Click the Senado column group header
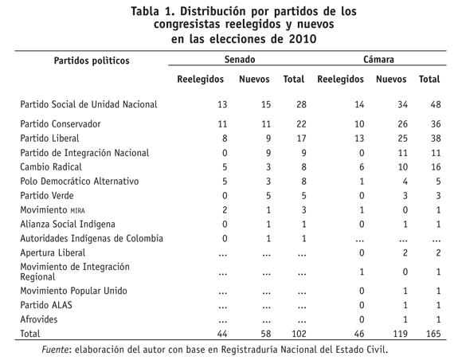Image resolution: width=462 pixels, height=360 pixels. (240, 60)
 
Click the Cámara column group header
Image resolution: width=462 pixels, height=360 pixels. (378, 60)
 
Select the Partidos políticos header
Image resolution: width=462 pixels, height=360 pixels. (92, 61)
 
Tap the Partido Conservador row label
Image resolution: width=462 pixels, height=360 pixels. (61, 124)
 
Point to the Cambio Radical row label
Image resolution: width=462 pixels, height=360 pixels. (51, 167)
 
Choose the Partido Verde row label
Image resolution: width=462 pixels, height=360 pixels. (47, 196)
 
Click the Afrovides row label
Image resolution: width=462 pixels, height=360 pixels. (39, 319)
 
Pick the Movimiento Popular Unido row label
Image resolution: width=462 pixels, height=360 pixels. (73, 291)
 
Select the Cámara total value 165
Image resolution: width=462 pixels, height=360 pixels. (433, 334)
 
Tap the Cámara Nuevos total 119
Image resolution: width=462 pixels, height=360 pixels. (401, 334)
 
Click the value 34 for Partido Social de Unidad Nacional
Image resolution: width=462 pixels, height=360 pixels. (402, 104)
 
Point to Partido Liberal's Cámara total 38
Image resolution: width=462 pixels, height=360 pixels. (436, 139)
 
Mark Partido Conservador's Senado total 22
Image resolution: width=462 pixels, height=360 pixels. (301, 124)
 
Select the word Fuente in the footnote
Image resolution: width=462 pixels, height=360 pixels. (55, 350)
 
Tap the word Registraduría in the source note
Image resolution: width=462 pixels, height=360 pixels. (249, 350)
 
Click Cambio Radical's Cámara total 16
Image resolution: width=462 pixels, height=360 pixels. (436, 167)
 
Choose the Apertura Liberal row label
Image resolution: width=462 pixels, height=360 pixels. (53, 253)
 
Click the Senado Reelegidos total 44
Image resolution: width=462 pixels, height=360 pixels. (222, 334)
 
